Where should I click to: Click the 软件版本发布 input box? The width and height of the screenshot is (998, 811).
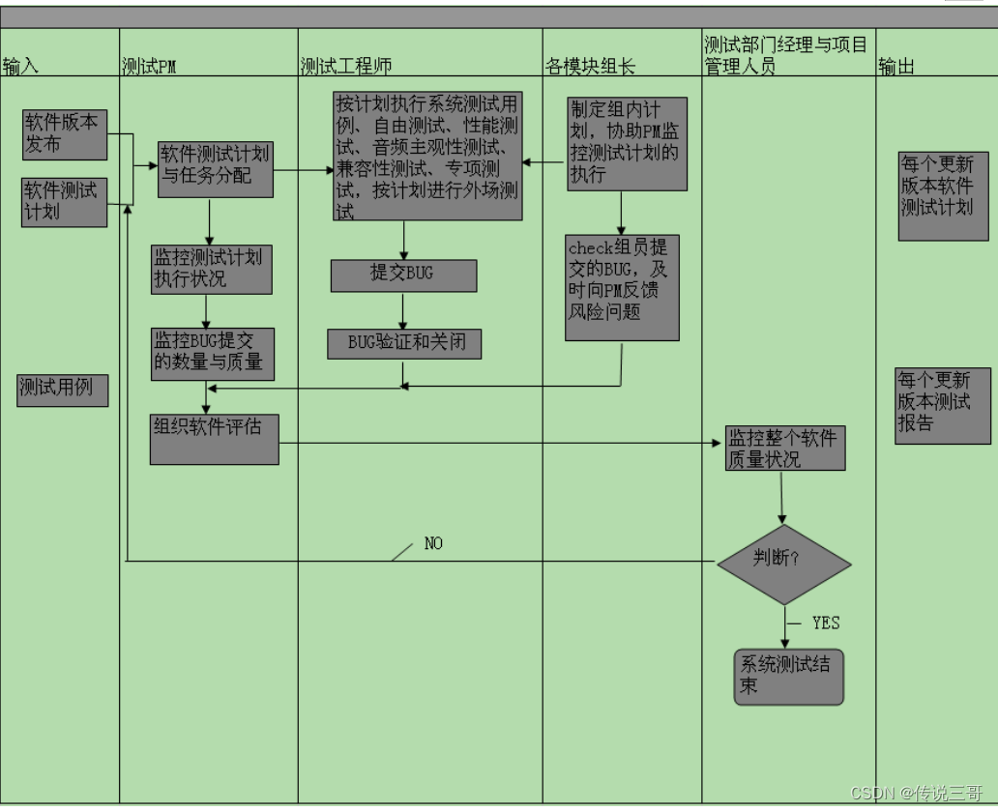tap(66, 134)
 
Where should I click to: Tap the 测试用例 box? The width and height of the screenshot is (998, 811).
tap(63, 390)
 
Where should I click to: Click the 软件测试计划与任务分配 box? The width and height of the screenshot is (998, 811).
tap(216, 169)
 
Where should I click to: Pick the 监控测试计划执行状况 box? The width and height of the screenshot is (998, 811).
tap(211, 269)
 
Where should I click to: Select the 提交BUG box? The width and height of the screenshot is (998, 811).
tap(403, 275)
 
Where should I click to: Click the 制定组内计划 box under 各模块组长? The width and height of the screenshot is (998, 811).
tap(627, 143)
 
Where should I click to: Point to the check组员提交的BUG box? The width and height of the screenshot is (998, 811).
tap(623, 287)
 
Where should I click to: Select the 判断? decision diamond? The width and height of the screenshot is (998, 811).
tap(784, 565)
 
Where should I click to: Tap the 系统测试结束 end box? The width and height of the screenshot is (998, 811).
tap(788, 677)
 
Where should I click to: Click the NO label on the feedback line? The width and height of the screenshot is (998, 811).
tap(433, 544)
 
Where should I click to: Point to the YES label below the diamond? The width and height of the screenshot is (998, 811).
tap(826, 623)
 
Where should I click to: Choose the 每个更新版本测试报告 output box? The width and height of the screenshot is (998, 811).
tap(942, 405)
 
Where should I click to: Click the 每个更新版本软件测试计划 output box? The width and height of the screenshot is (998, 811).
tap(943, 195)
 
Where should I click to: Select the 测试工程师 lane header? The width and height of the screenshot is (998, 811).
tap(345, 66)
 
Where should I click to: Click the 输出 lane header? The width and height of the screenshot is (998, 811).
tap(896, 66)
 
